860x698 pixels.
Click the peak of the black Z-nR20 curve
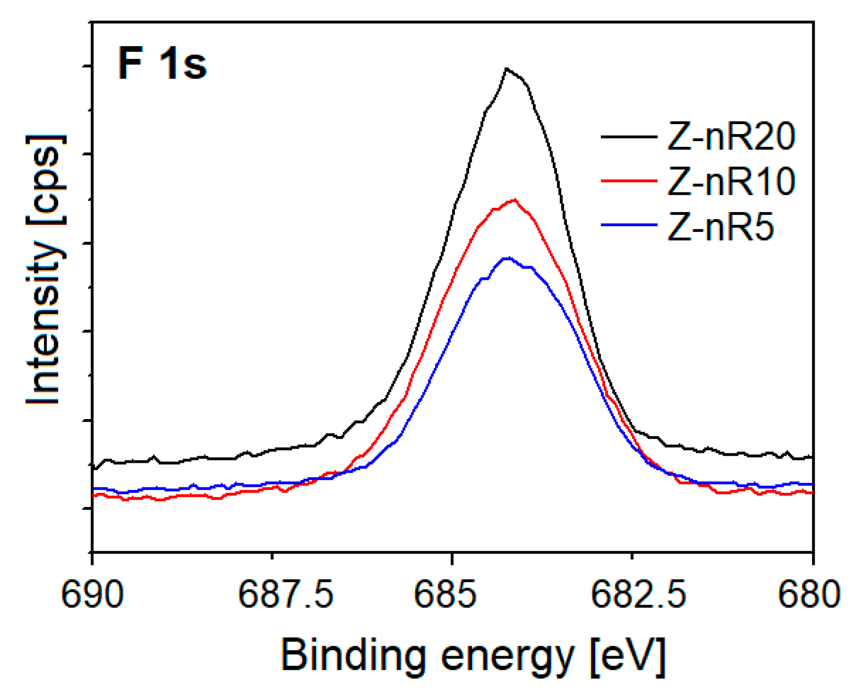506,69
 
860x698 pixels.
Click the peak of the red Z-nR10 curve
515,200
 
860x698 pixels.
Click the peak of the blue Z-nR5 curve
508,258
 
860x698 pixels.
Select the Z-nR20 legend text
731,137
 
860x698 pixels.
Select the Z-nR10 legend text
731,182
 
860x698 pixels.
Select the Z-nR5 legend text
720,227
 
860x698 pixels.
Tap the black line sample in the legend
629,137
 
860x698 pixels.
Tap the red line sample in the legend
629,180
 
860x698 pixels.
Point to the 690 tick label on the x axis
92,595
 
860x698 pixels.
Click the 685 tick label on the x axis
445,595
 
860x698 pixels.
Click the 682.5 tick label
638,595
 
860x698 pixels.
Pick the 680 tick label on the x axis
809,595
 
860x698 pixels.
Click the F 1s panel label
162,64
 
